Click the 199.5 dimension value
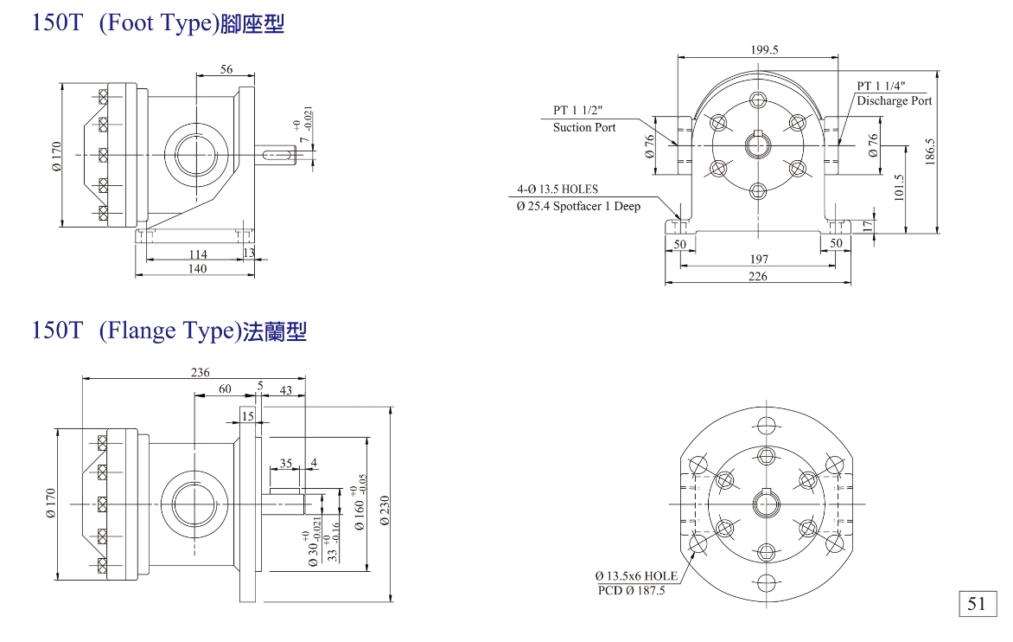tap(765, 50)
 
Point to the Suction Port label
tap(584, 127)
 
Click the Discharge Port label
tap(894, 101)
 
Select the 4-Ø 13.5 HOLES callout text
tap(557, 189)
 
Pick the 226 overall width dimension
tap(758, 277)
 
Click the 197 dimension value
tap(758, 260)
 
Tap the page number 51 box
tap(977, 604)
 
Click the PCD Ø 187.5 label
tap(632, 591)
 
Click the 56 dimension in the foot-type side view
tap(226, 69)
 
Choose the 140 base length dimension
tap(197, 269)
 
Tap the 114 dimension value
tap(197, 254)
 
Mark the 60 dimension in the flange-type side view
tap(225, 389)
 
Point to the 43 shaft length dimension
tap(286, 389)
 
